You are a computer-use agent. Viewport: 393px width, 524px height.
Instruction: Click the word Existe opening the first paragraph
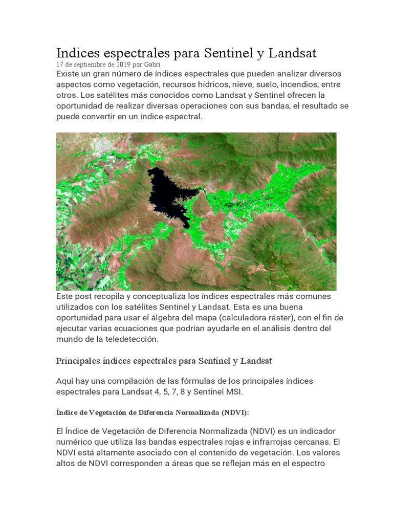click(x=69, y=74)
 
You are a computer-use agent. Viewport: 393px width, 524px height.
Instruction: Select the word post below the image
click(x=84, y=296)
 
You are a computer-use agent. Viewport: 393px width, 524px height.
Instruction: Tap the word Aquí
click(x=67, y=382)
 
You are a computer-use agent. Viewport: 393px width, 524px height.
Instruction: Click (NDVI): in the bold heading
click(x=235, y=412)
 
